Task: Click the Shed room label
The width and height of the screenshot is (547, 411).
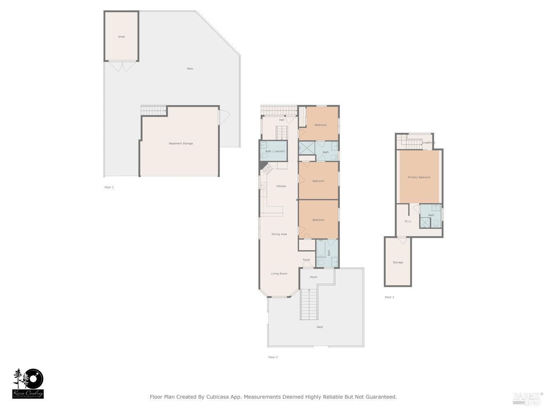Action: [x=121, y=37]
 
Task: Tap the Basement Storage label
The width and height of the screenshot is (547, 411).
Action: [x=181, y=143]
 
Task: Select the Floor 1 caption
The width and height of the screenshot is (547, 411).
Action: [x=109, y=187]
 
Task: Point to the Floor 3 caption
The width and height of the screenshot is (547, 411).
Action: [x=389, y=297]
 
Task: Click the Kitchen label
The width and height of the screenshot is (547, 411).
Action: [x=281, y=186]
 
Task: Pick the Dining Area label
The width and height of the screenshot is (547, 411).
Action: [x=279, y=234]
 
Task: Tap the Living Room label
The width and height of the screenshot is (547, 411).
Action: [x=279, y=274]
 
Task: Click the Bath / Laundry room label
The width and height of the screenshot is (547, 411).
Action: [x=275, y=151]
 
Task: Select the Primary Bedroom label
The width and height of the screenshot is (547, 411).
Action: [x=419, y=178]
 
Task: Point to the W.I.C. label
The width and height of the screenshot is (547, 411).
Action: [x=408, y=222]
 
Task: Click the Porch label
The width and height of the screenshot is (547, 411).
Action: [x=314, y=277]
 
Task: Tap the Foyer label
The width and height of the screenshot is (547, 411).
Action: [x=307, y=260]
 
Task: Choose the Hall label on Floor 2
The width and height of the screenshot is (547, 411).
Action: [x=282, y=120]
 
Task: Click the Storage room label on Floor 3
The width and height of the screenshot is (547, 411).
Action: [x=398, y=262]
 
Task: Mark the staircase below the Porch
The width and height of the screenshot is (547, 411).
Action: [x=309, y=304]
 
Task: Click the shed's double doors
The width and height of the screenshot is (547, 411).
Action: [x=122, y=66]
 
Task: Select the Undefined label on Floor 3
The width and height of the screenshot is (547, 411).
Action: [x=428, y=143]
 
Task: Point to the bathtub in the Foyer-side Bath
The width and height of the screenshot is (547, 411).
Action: [x=321, y=249]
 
